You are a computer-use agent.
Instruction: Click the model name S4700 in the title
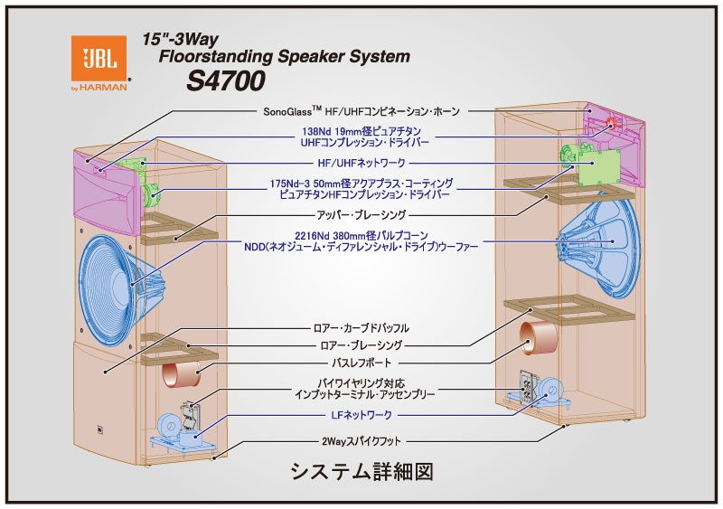coord(225,81)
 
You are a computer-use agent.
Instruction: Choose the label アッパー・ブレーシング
coord(361,216)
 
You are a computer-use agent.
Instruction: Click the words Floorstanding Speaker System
coord(284,56)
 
